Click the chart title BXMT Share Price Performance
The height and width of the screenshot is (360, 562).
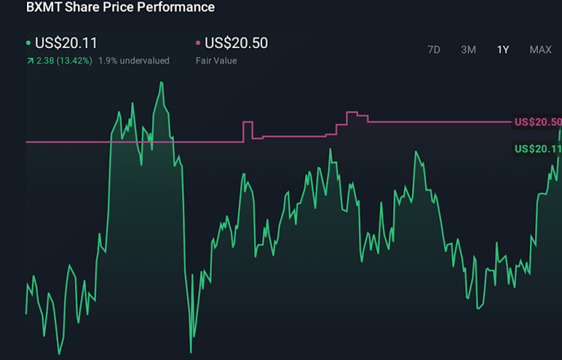click(x=120, y=7)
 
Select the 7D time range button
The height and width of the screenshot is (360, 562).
click(x=434, y=49)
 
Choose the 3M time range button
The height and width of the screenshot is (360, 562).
click(x=468, y=49)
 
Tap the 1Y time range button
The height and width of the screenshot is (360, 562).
click(x=503, y=49)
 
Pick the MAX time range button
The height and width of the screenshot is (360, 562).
click(x=540, y=49)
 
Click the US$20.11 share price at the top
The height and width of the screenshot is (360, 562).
click(x=66, y=43)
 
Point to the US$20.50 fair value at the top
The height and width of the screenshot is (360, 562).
click(x=236, y=43)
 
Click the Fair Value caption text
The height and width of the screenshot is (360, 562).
click(x=217, y=61)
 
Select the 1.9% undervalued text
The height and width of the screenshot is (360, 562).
click(x=133, y=61)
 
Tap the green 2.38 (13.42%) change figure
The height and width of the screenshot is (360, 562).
click(x=64, y=61)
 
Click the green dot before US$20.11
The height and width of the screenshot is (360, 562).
click(x=28, y=43)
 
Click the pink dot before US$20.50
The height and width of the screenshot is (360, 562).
click(x=198, y=43)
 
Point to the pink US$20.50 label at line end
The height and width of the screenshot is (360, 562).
click(x=537, y=122)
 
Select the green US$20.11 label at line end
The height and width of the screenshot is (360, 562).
click(x=537, y=149)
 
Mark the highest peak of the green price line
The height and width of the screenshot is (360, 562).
click(x=161, y=82)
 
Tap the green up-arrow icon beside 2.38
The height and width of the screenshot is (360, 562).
click(x=29, y=61)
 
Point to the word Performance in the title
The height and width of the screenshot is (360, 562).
click(x=178, y=7)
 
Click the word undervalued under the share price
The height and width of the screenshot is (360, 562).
click(x=144, y=61)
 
